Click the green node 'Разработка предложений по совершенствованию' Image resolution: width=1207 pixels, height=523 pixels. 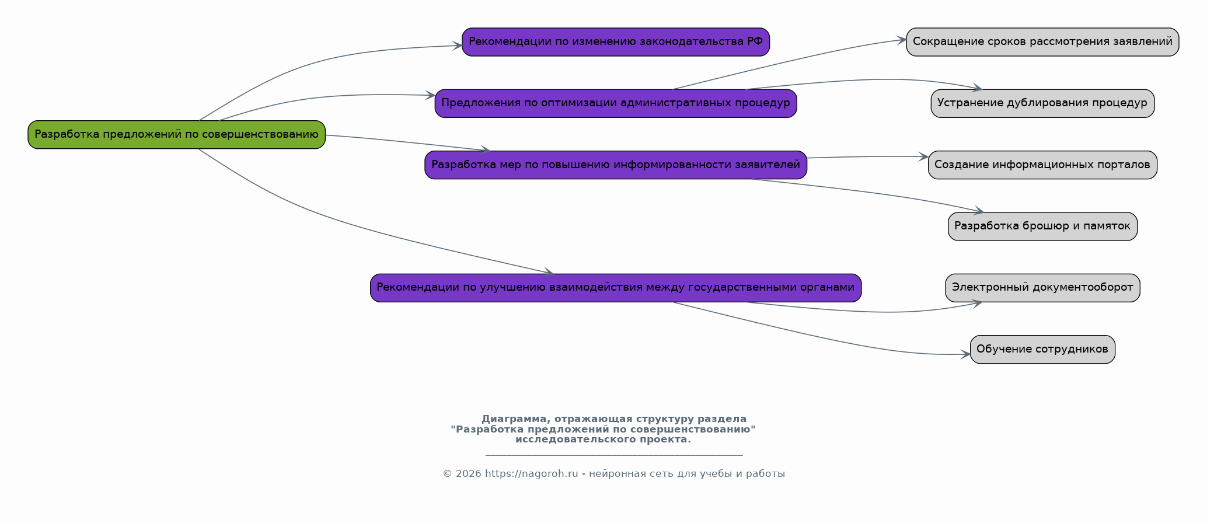pyautogui.click(x=176, y=135)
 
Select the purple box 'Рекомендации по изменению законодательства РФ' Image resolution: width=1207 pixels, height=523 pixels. pyautogui.click(x=616, y=42)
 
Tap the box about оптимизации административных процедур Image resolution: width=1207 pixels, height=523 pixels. pyautogui.click(x=616, y=103)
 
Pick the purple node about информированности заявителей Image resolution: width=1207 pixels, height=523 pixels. pyautogui.click(x=616, y=165)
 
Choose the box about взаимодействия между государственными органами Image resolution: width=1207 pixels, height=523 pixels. pyautogui.click(x=616, y=288)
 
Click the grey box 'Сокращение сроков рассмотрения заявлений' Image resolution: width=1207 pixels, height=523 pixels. pyautogui.click(x=1042, y=42)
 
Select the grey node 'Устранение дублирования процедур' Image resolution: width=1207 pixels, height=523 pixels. pyautogui.click(x=1042, y=103)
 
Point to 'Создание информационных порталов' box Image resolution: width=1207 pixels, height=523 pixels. pyautogui.click(x=1042, y=165)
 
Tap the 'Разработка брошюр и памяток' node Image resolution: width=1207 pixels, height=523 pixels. pyautogui.click(x=1042, y=226)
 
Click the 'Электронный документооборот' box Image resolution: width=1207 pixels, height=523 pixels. pyautogui.click(x=1042, y=288)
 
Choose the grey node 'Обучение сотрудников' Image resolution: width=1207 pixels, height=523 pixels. pyautogui.click(x=1042, y=350)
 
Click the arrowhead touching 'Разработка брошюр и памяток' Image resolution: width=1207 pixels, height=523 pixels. pyautogui.click(x=979, y=211)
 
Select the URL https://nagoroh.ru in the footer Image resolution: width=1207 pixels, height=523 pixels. pyautogui.click(x=531, y=474)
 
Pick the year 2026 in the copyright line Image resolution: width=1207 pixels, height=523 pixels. pyautogui.click(x=469, y=474)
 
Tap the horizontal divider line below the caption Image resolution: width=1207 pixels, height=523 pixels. pyautogui.click(x=614, y=455)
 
